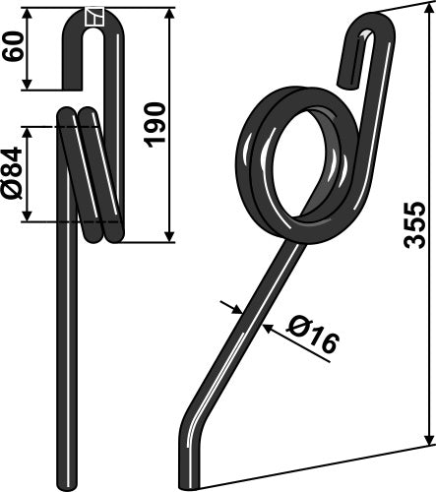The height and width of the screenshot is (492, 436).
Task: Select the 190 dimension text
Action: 155,123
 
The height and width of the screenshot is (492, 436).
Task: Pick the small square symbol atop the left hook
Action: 94,15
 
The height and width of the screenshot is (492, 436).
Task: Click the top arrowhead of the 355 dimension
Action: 429,12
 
